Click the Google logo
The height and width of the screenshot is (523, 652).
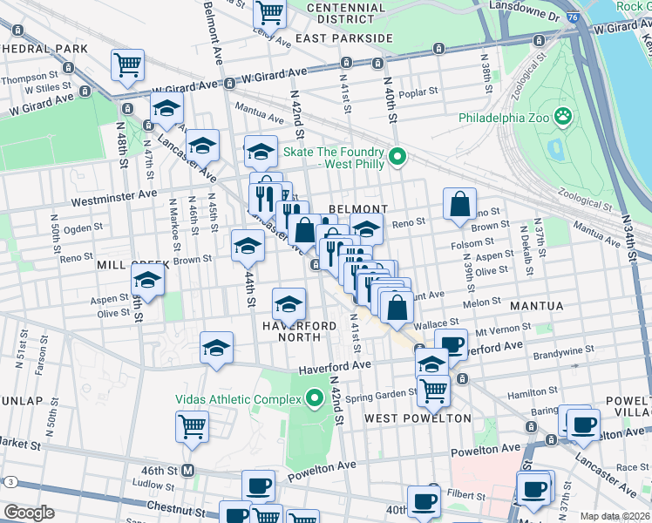click(28, 513)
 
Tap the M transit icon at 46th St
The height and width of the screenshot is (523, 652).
click(186, 471)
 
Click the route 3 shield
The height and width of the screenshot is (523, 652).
click(10, 481)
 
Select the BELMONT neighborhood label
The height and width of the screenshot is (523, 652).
click(358, 209)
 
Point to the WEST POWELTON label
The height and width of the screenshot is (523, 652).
click(418, 418)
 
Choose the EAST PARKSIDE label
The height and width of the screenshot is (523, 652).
click(343, 38)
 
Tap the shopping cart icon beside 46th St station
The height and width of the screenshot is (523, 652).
click(193, 427)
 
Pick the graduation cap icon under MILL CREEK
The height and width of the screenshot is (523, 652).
click(147, 281)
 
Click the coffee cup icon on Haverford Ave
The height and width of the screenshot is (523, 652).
click(451, 345)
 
